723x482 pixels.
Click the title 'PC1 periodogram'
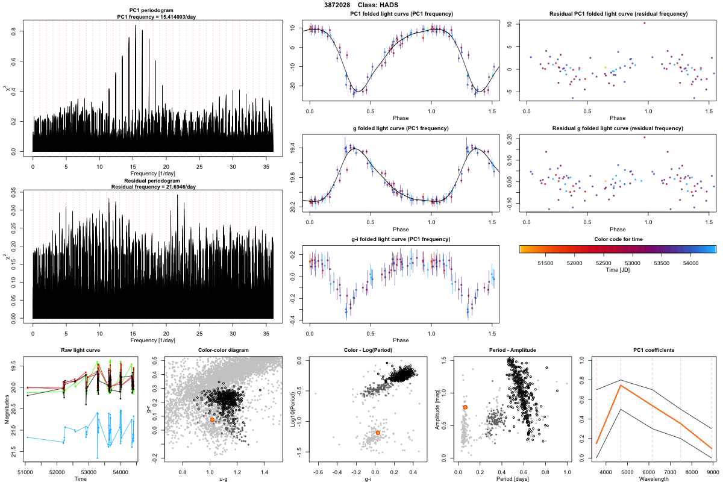(153, 11)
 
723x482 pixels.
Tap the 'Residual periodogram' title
(153, 181)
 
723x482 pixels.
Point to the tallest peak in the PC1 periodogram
(136, 26)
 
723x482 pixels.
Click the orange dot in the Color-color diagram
(213, 419)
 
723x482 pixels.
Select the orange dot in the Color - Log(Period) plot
(378, 433)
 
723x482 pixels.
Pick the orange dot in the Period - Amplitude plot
(465, 408)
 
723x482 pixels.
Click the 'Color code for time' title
(618, 239)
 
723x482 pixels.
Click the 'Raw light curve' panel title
(80, 351)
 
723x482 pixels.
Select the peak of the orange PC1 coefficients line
(621, 385)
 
